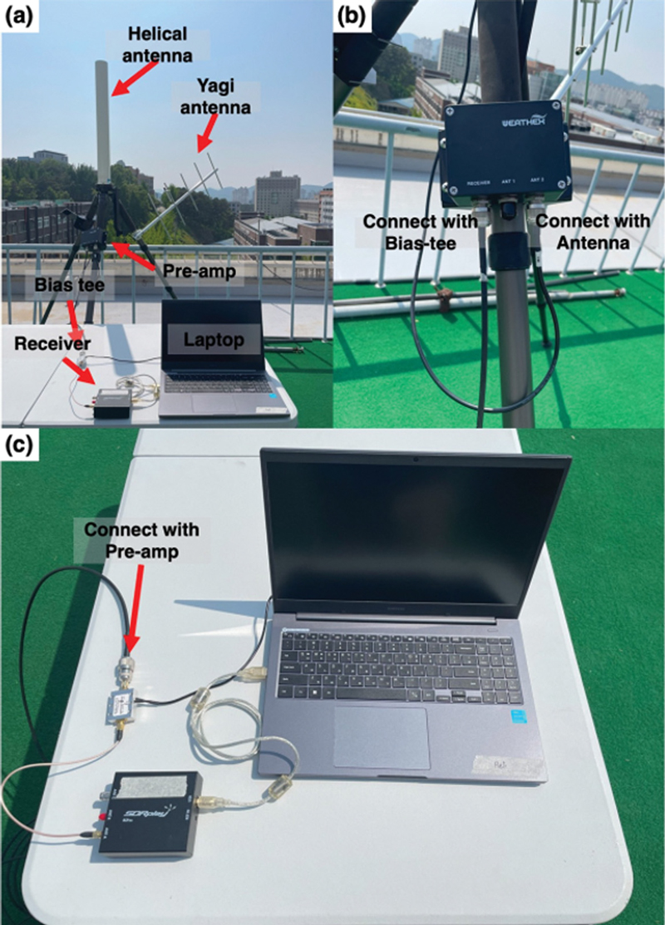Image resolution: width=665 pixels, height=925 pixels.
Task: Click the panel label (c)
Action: [18, 446]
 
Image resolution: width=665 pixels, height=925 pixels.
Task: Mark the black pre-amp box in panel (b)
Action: [505, 153]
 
